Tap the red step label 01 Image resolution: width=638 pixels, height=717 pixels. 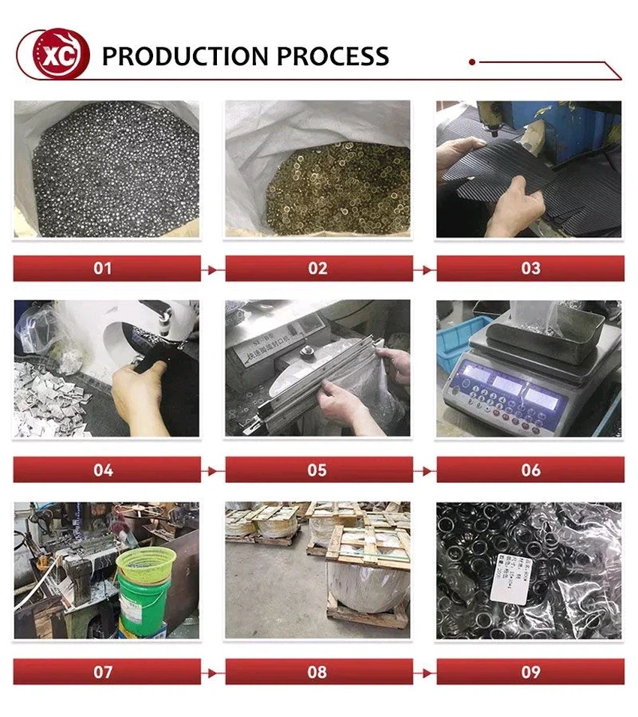click(106, 268)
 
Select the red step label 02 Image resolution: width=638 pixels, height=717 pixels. click(318, 268)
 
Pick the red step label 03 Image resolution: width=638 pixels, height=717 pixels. click(530, 268)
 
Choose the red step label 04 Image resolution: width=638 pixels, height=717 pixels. click(106, 470)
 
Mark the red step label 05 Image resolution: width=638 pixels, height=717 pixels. click(318, 470)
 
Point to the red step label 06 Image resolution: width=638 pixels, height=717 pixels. click(530, 470)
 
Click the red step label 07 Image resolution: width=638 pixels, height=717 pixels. click(106, 672)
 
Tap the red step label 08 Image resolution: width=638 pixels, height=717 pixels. click(318, 672)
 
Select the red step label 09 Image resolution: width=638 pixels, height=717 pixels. click(530, 672)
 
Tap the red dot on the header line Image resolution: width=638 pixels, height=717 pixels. click(471, 62)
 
